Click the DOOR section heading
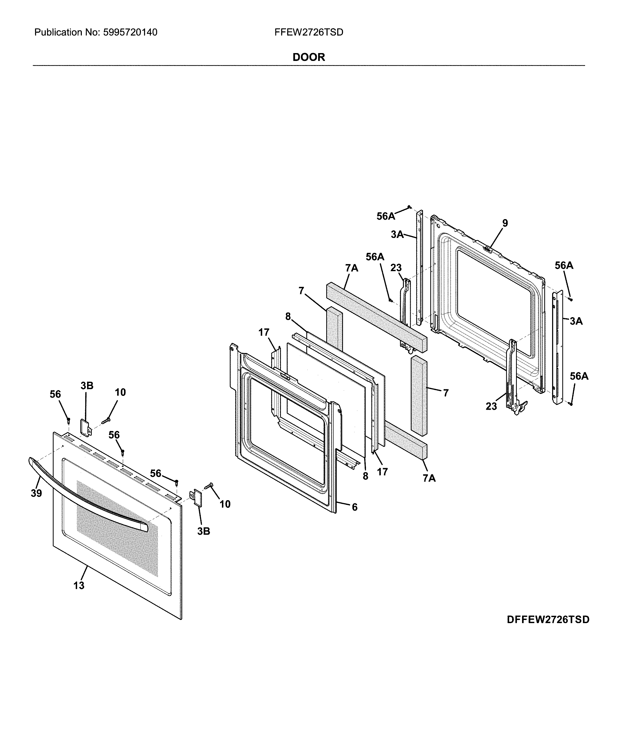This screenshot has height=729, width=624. [308, 57]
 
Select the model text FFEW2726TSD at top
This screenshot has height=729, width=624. [308, 32]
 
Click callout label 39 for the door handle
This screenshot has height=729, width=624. [36, 493]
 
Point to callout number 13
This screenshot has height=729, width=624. [79, 585]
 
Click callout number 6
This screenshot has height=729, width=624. [354, 507]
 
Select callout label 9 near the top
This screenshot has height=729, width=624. [505, 223]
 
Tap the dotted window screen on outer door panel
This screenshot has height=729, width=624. [116, 528]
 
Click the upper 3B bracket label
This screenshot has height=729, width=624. [87, 386]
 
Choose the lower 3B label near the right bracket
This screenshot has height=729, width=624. [203, 531]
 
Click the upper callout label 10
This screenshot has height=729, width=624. [120, 392]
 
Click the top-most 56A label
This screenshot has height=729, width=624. [386, 217]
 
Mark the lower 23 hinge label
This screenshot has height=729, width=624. [491, 406]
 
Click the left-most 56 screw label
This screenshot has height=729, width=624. [55, 394]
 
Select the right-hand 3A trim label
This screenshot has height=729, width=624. [576, 321]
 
